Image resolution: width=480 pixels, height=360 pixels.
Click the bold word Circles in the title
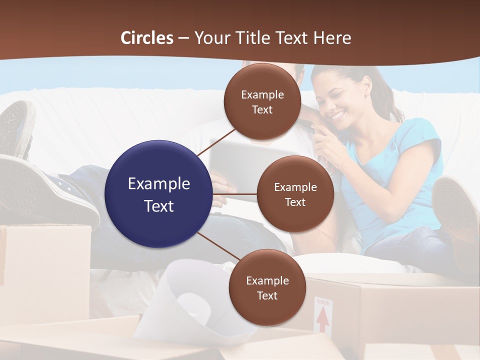click(x=147, y=38)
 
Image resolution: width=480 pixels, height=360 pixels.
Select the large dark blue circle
click(x=159, y=194)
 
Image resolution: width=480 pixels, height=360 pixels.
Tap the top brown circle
click(x=262, y=102)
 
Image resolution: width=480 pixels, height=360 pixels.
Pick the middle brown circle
click(x=295, y=194)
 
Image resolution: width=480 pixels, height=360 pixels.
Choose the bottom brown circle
click(x=267, y=287)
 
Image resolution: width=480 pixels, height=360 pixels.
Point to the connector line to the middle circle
click(x=235, y=193)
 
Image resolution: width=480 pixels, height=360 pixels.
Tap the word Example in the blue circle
click(x=159, y=183)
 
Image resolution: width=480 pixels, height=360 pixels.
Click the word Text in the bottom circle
click(x=267, y=295)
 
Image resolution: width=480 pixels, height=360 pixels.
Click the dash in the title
click(x=183, y=38)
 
